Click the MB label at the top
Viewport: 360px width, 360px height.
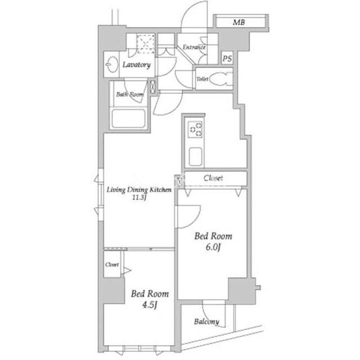click(x=238, y=22)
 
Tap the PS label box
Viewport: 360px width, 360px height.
click(x=227, y=58)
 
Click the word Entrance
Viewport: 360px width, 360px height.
click(x=194, y=47)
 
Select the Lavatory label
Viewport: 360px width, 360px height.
click(x=136, y=65)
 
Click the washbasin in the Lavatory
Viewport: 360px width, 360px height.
click(x=112, y=65)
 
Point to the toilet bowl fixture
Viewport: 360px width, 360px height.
click(x=219, y=79)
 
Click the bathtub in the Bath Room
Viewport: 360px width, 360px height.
click(x=128, y=119)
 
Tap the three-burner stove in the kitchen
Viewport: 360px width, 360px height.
click(x=195, y=129)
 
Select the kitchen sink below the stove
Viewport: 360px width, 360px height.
click(x=195, y=156)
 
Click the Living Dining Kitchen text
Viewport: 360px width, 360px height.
click(x=139, y=190)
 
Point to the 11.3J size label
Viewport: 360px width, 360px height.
click(x=139, y=197)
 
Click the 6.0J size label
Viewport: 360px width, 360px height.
click(x=213, y=247)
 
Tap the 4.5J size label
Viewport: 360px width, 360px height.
click(x=150, y=305)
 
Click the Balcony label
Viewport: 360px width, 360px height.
click(x=206, y=322)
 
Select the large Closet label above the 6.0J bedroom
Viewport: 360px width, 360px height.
click(x=213, y=178)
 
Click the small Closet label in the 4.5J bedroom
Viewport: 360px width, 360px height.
click(x=112, y=264)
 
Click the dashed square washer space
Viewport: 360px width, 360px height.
click(x=146, y=44)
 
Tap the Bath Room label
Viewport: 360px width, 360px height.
click(x=130, y=94)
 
